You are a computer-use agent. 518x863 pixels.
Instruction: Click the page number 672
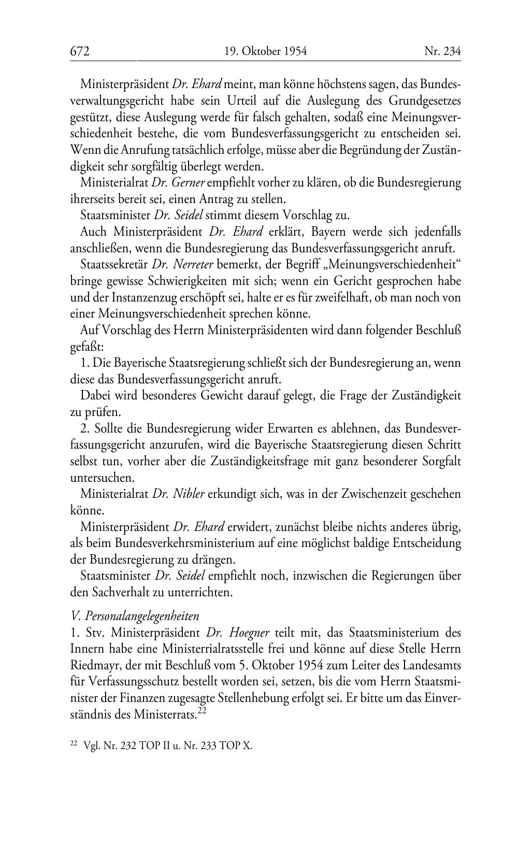tap(80, 51)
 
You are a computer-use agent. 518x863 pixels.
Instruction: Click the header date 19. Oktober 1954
tap(266, 51)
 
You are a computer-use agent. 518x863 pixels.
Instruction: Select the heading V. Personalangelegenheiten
tap(135, 616)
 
